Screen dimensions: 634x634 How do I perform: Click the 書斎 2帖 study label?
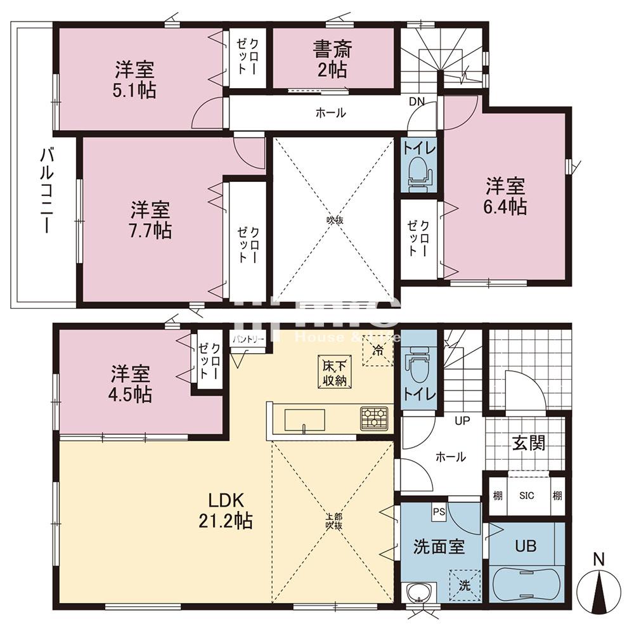[x=332, y=58]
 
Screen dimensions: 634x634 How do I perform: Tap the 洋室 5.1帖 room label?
[x=135, y=79]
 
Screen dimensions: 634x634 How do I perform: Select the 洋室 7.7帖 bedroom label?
[x=151, y=219]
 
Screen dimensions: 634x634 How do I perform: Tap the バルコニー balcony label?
[x=46, y=190]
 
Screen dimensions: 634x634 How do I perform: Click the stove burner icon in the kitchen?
[x=373, y=418]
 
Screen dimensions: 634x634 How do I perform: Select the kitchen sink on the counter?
[x=305, y=420]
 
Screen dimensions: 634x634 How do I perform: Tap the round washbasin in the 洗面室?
[x=418, y=592]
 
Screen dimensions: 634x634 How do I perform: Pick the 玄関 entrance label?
[x=528, y=443]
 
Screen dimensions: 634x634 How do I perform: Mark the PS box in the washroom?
[x=439, y=511]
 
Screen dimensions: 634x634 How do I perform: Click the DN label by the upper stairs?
[x=417, y=101]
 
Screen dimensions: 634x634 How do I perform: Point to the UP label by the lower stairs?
[x=461, y=420]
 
